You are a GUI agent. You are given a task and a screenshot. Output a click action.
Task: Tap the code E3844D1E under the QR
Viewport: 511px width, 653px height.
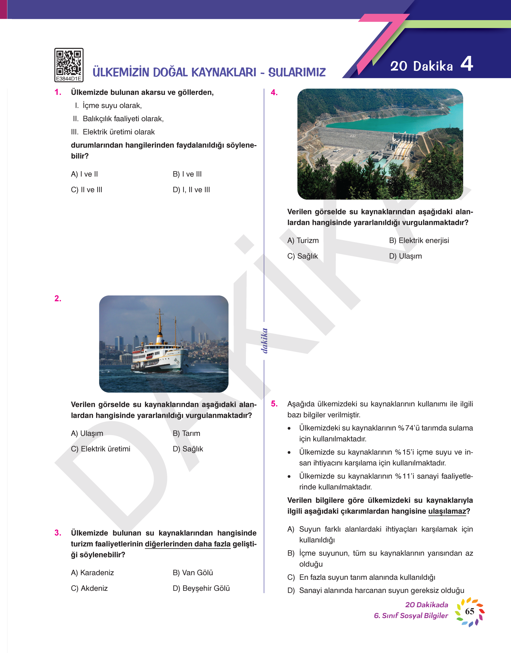click(69, 79)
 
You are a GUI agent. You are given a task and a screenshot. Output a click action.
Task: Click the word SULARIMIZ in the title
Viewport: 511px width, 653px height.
click(297, 72)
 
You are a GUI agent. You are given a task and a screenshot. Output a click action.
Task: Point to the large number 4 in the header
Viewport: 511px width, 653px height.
click(466, 64)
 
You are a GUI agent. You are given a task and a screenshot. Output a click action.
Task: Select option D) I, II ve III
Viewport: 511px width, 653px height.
click(191, 190)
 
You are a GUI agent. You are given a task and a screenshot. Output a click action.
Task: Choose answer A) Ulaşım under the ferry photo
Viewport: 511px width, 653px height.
click(87, 433)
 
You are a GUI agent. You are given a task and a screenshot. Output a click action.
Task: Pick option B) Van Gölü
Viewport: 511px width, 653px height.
click(193, 572)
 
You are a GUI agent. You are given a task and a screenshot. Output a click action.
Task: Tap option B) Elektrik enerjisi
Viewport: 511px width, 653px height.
click(419, 240)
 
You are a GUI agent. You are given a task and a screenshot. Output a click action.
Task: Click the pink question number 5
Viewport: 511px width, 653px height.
click(274, 404)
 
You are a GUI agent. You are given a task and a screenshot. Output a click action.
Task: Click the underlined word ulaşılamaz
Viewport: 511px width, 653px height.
click(447, 511)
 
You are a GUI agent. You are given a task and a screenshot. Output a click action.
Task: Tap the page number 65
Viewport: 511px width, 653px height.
click(469, 611)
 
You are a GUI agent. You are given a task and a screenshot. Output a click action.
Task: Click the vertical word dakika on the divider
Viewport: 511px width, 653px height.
click(264, 341)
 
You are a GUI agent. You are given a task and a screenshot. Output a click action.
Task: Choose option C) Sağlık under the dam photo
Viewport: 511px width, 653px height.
click(302, 256)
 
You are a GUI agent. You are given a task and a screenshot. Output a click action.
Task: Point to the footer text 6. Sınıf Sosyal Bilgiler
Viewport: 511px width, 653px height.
click(411, 616)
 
